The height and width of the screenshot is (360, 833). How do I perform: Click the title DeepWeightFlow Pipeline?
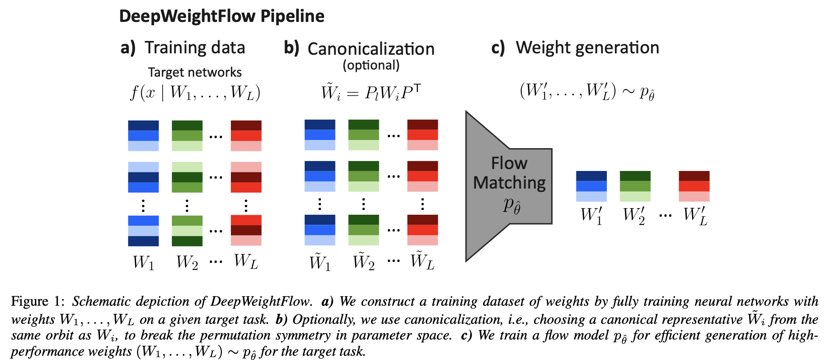221,16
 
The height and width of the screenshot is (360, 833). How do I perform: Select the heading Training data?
195,48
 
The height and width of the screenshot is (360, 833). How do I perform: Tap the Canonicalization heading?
371,49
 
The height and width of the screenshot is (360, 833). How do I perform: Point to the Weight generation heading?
587,48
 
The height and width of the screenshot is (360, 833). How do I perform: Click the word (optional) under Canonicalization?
371,65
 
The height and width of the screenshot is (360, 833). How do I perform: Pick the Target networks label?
195,72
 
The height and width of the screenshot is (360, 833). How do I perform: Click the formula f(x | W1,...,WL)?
195,92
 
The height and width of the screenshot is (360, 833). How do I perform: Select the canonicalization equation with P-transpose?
371,91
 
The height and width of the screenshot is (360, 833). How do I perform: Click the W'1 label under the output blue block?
591,215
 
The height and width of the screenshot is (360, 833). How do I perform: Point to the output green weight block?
635,186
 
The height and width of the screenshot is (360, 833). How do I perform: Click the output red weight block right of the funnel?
694,186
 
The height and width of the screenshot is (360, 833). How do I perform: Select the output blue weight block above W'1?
591,186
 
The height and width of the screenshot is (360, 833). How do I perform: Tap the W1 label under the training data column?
143,262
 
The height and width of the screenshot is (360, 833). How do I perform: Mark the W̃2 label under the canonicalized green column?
364,261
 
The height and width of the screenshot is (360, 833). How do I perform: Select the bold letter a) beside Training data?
128,48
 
